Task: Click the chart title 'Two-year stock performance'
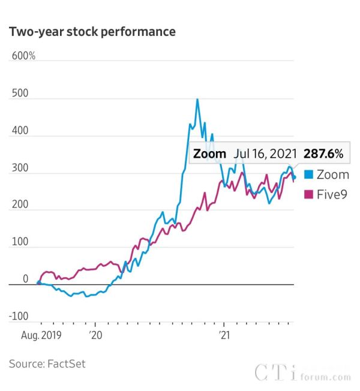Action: coord(92,32)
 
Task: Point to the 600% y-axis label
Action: coord(23,56)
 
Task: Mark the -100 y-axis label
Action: coord(18,316)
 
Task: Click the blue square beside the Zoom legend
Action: coord(308,175)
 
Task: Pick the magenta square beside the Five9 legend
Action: coord(308,194)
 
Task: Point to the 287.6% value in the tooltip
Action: coord(323,154)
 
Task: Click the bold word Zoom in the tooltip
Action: coord(209,154)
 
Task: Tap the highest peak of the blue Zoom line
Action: coord(197,100)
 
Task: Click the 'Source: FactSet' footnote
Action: coord(52,363)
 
